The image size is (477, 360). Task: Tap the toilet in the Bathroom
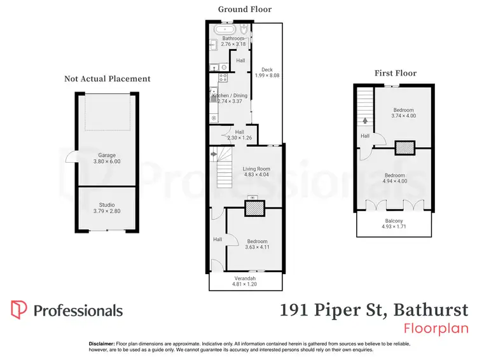244,30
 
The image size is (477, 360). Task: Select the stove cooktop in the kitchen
223,78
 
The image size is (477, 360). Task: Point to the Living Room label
258,168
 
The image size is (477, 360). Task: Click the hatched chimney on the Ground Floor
254,209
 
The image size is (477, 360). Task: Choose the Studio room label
106,204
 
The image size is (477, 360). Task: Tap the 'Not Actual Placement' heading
107,79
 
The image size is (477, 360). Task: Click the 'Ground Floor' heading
245,9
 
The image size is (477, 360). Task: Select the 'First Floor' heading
396,73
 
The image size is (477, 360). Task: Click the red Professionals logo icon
19,310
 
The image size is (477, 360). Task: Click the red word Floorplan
436,329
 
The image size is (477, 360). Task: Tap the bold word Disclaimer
101,343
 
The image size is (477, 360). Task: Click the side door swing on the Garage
70,157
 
